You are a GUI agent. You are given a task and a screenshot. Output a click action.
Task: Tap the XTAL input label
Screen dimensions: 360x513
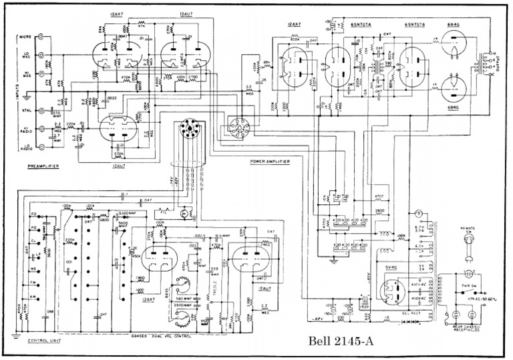tap(26, 111)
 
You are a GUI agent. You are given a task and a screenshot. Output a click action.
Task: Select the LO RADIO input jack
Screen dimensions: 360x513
tap(43, 145)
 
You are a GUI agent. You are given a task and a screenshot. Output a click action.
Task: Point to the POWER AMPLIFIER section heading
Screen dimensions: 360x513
tap(271, 161)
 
